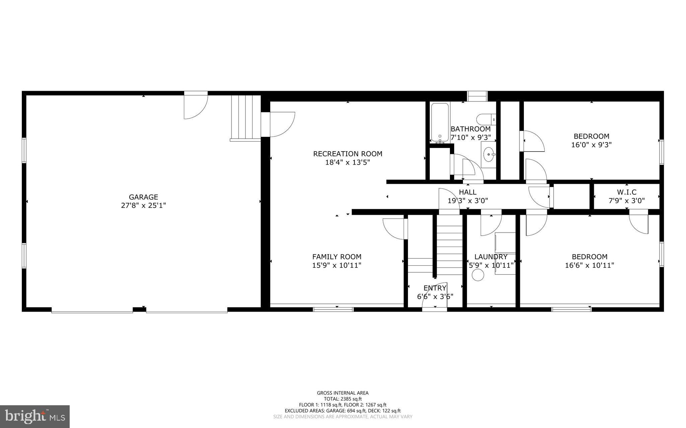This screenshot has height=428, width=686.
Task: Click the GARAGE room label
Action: pyautogui.click(x=143, y=197)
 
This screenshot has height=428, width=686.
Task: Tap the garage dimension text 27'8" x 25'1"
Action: pyautogui.click(x=143, y=205)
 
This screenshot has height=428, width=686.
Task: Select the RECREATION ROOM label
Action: pyautogui.click(x=347, y=154)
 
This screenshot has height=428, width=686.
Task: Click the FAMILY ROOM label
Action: pyautogui.click(x=337, y=257)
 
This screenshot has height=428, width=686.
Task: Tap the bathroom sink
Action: pyautogui.click(x=489, y=155)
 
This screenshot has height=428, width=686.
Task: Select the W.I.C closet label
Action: pyautogui.click(x=626, y=192)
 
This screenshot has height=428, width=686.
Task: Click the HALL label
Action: pyautogui.click(x=468, y=192)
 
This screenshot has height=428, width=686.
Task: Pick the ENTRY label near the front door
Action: pyautogui.click(x=435, y=288)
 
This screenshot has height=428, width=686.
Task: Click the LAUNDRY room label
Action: pyautogui.click(x=491, y=257)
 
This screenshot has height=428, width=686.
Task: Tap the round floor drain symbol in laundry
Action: pyautogui.click(x=478, y=275)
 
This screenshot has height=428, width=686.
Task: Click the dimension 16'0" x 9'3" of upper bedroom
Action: pyautogui.click(x=591, y=145)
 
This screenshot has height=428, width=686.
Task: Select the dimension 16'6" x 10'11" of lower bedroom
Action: pyautogui.click(x=590, y=265)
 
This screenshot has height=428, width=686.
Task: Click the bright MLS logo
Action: pyautogui.click(x=35, y=417)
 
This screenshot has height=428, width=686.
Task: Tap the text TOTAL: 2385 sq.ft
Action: pyautogui.click(x=343, y=399)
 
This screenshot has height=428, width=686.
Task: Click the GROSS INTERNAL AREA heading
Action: pyautogui.click(x=343, y=393)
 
